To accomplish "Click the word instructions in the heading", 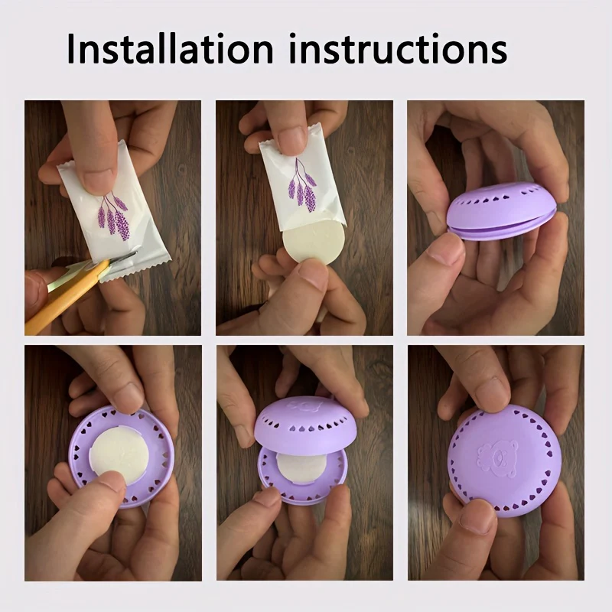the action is click(398, 49).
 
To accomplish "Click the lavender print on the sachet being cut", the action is click(113, 216).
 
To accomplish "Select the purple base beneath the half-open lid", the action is click(302, 478).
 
